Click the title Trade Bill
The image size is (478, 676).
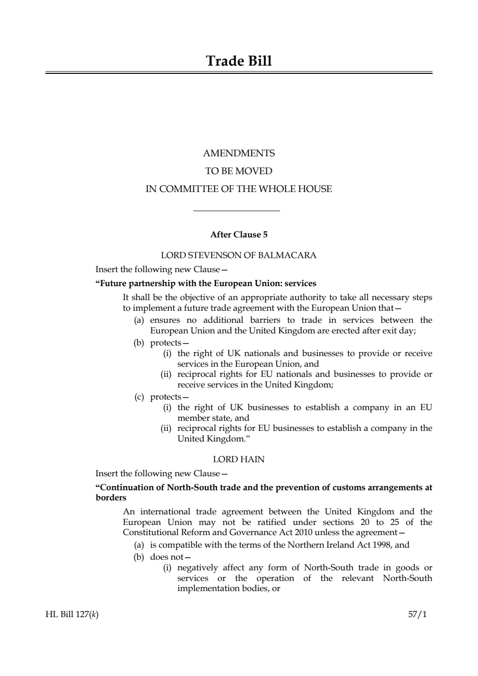coord(239,61)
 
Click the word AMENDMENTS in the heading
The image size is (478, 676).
coord(239,153)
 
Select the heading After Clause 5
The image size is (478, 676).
coord(239,235)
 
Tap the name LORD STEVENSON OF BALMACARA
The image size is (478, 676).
coord(239,255)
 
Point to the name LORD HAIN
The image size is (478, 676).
coord(239,459)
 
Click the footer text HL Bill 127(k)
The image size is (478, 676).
coord(68,615)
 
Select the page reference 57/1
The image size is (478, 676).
coord(417,615)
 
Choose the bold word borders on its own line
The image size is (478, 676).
coord(111,497)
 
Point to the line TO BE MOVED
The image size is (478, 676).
coord(239,171)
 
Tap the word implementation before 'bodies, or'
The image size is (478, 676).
coord(208,589)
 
